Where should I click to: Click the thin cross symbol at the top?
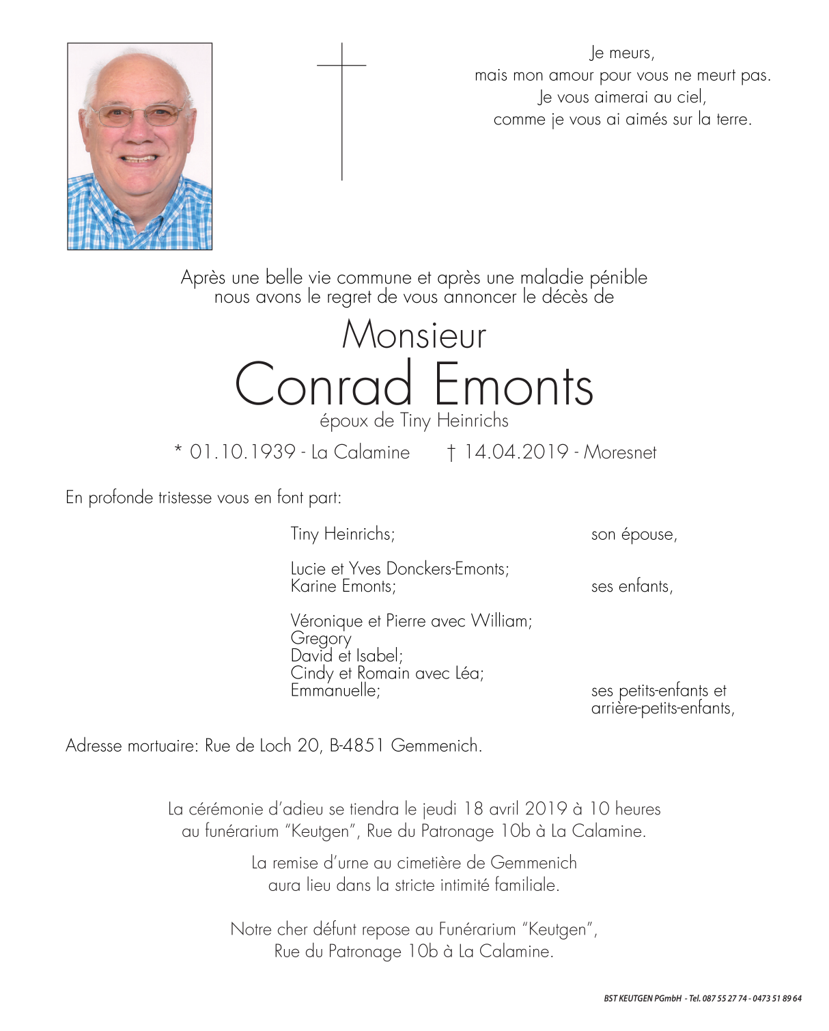click(341, 109)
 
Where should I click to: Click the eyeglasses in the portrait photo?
click(138, 115)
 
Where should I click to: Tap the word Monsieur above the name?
click(414, 335)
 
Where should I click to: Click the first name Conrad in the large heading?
click(324, 385)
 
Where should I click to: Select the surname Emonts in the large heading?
click(514, 385)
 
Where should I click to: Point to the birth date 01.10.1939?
click(242, 452)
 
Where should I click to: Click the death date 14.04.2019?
click(516, 452)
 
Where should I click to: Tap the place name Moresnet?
click(620, 452)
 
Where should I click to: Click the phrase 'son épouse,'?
click(634, 534)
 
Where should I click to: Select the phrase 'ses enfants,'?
click(632, 586)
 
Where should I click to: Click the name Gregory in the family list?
click(321, 638)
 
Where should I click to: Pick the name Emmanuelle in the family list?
click(335, 691)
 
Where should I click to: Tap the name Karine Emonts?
click(343, 586)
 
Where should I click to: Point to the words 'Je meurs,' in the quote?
click(621, 53)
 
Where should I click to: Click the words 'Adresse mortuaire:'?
click(131, 745)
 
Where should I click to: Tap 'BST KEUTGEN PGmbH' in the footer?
click(643, 999)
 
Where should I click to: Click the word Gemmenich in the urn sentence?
click(533, 863)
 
